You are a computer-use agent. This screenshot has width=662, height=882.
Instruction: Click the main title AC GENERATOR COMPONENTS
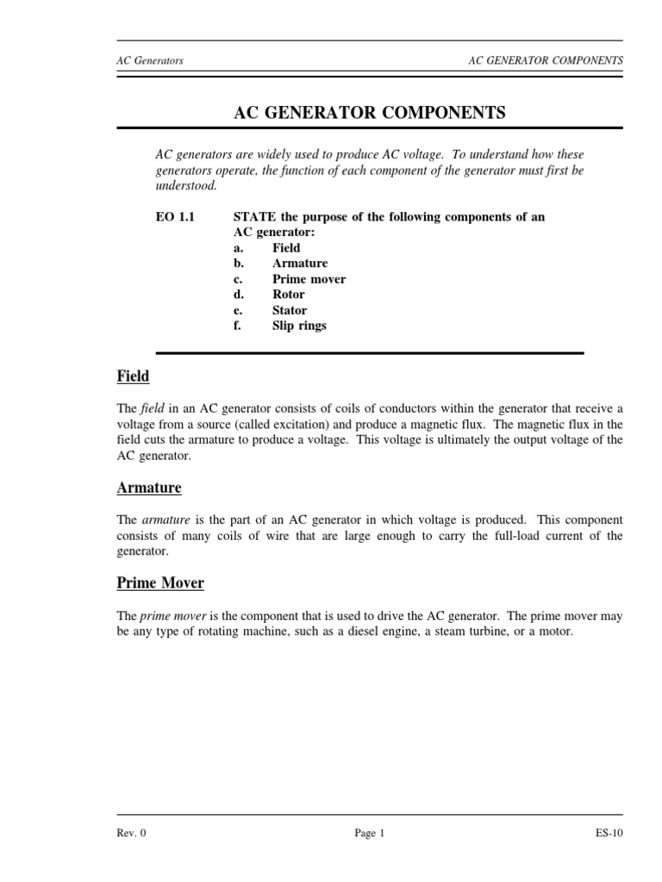(370, 113)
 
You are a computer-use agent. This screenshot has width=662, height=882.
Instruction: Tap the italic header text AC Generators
(150, 61)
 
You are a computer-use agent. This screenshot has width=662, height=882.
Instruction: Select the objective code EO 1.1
(175, 217)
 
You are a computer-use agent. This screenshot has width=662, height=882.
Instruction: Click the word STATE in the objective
(255, 217)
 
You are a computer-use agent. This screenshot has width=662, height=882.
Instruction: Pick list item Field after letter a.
(286, 248)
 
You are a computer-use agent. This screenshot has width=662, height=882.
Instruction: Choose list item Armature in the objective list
(300, 264)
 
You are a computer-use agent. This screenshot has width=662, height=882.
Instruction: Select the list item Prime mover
(309, 279)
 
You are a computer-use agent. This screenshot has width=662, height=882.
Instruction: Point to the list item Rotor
(289, 295)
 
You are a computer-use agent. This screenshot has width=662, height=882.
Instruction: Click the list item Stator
(290, 310)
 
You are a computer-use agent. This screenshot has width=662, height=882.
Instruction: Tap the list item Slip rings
(299, 326)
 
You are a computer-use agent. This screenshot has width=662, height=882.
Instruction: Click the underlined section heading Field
(133, 376)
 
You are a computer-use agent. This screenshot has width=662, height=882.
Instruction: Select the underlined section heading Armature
(149, 488)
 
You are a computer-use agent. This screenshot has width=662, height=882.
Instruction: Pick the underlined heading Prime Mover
(160, 583)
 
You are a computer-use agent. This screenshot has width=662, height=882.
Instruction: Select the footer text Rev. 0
(131, 834)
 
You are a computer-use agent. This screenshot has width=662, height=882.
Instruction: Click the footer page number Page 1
(369, 834)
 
